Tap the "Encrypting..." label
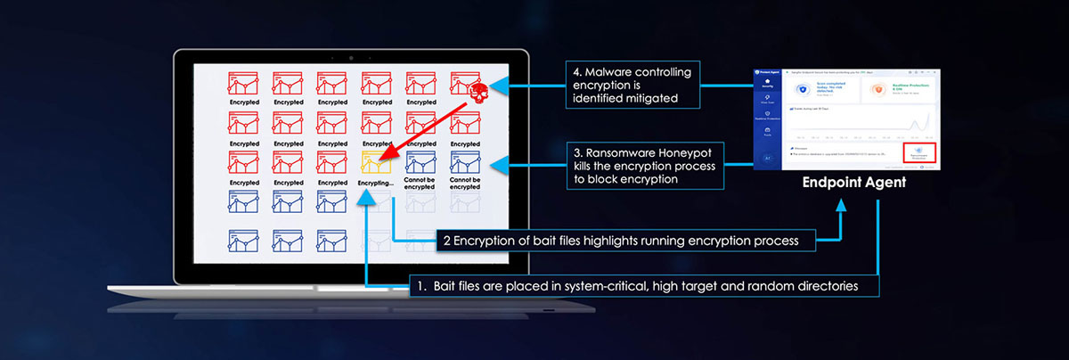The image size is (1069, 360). [x=376, y=183]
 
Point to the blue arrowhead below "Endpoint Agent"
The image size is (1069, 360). [x=840, y=208]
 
